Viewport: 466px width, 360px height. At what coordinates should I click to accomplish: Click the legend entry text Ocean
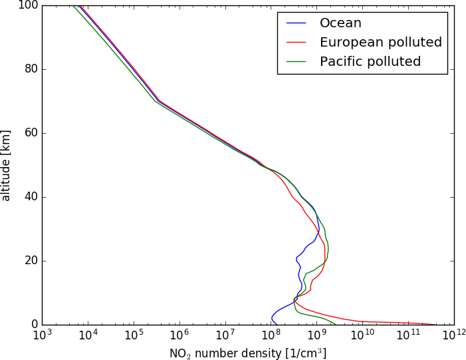coord(340,23)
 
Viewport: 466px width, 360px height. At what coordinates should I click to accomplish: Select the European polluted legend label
coord(380,43)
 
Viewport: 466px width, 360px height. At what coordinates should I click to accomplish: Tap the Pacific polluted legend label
coord(370,62)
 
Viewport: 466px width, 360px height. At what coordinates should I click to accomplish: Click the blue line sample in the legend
coord(296,23)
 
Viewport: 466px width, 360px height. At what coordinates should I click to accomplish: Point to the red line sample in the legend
coord(296,43)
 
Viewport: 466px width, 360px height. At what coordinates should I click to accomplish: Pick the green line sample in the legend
coord(296,62)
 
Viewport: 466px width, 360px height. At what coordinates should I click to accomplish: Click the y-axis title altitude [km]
coord(7,165)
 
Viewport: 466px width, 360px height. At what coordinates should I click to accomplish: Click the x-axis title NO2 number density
coord(248,353)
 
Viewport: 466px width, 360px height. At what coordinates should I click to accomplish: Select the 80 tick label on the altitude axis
coord(30,69)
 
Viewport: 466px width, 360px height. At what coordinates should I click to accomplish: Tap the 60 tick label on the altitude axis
coord(30,133)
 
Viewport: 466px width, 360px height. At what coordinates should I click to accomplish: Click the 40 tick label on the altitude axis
coord(30,197)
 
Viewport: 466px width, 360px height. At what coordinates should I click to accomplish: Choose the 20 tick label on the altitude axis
coord(30,261)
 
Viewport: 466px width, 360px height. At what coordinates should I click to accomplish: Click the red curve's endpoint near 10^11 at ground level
coord(435,324)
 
